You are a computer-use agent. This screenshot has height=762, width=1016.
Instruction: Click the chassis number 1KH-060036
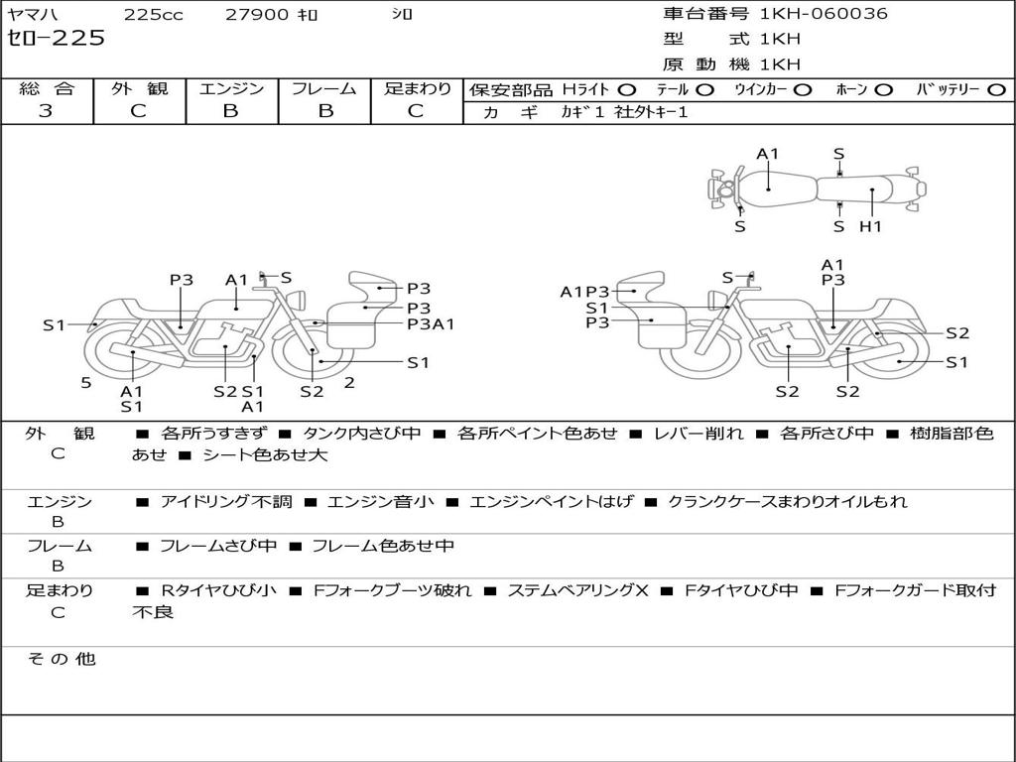pos(824,14)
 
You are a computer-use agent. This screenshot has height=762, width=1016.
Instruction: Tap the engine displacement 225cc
pos(148,14)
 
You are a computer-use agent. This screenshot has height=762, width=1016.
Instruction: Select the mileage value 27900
pos(257,14)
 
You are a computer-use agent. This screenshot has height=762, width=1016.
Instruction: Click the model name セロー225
pos(56,39)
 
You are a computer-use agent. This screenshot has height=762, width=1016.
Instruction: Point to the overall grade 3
pos(46,111)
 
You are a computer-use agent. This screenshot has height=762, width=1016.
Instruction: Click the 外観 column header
pos(139,88)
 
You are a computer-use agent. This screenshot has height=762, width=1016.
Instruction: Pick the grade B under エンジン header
pos(230,111)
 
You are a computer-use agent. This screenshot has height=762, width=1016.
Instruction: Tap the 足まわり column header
pos(418,88)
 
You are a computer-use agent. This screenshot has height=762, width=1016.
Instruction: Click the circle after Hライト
pos(627,89)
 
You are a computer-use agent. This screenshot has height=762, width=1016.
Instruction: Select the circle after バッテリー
pos(997,89)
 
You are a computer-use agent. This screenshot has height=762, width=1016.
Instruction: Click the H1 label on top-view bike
pos(870,226)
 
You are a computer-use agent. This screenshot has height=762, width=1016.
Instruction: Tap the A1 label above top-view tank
pos(768,154)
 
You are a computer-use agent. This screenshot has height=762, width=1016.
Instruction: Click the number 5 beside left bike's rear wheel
pos(85,382)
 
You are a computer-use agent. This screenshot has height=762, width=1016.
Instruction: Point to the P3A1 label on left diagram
pos(431,323)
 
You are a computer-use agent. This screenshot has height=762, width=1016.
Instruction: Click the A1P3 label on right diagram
pos(584,292)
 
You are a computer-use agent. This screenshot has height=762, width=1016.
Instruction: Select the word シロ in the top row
pos(402,14)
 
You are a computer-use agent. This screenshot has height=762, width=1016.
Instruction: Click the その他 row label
pos(61,659)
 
